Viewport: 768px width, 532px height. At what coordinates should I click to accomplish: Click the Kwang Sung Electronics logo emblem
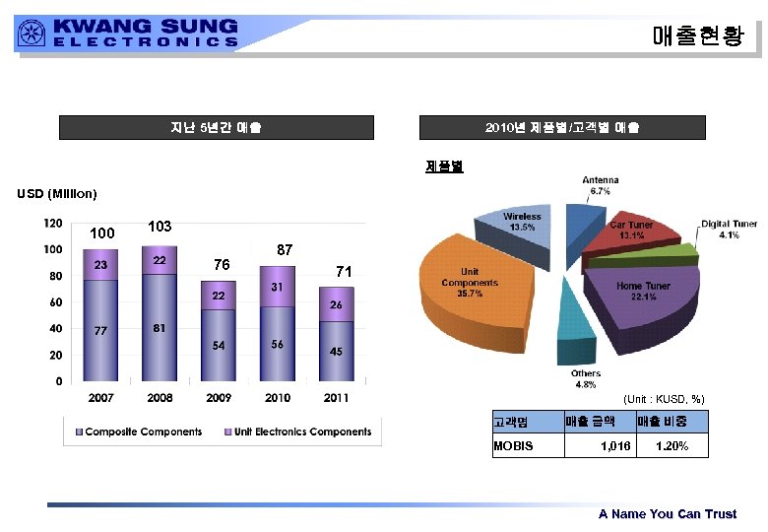[31, 33]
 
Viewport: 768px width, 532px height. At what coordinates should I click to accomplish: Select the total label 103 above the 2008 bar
[160, 227]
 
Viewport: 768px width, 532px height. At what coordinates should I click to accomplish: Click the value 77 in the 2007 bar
[100, 331]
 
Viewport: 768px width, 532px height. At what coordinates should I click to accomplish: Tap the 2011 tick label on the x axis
[337, 398]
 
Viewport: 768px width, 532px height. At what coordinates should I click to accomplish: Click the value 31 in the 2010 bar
[278, 286]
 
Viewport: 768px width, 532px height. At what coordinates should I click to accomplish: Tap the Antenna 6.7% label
[601, 185]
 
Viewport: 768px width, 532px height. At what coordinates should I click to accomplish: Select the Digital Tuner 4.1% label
[729, 230]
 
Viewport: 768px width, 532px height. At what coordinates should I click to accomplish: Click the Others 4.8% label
[585, 379]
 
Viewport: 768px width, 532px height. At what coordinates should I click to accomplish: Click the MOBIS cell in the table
[513, 446]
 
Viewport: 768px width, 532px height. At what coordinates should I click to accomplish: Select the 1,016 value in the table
[614, 446]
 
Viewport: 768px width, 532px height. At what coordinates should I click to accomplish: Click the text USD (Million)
[56, 193]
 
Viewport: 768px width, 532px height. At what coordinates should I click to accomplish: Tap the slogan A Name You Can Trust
[667, 514]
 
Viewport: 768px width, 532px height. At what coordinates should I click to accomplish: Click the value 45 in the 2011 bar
[337, 352]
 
